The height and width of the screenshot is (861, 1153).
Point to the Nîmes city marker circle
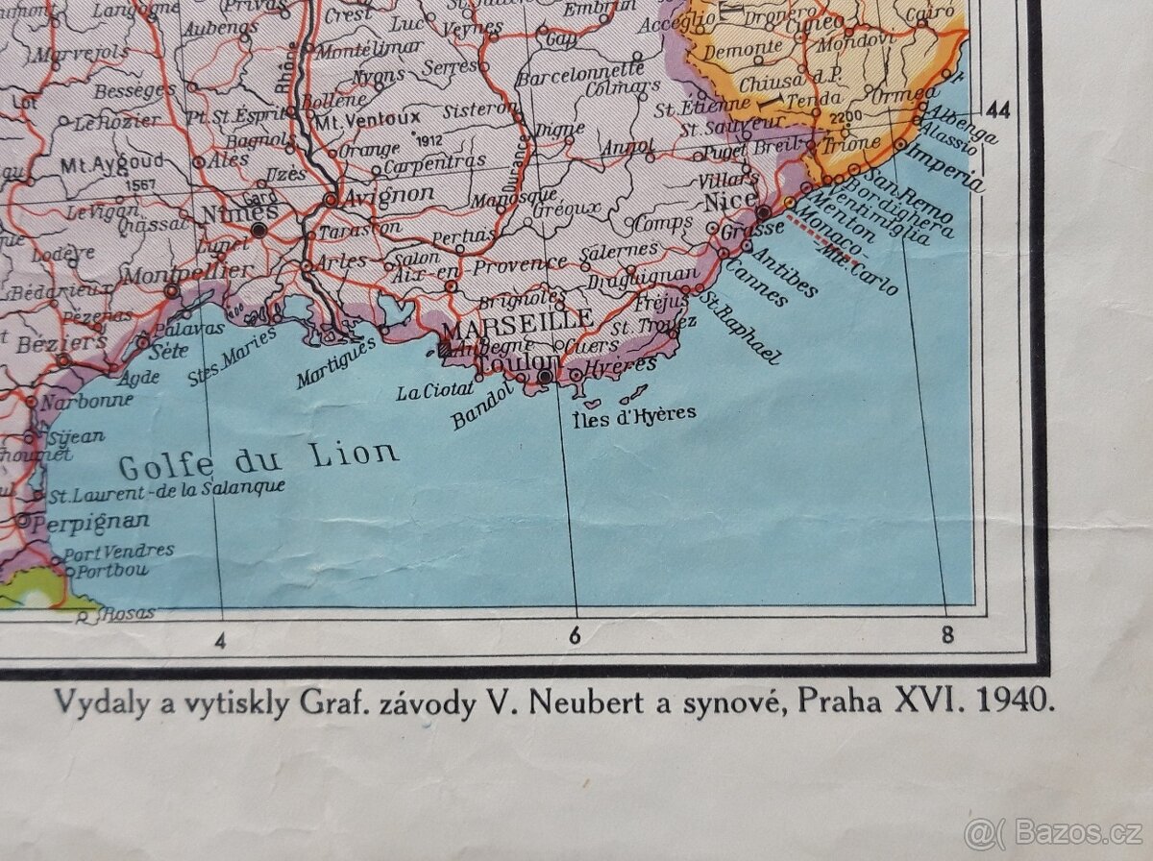click(x=258, y=230)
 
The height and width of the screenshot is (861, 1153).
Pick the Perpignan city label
click(x=90, y=522)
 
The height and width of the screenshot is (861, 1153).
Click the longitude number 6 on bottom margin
click(x=575, y=635)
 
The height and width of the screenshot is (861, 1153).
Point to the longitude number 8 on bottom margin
click(x=946, y=634)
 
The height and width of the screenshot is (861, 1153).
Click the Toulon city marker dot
click(x=545, y=378)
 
